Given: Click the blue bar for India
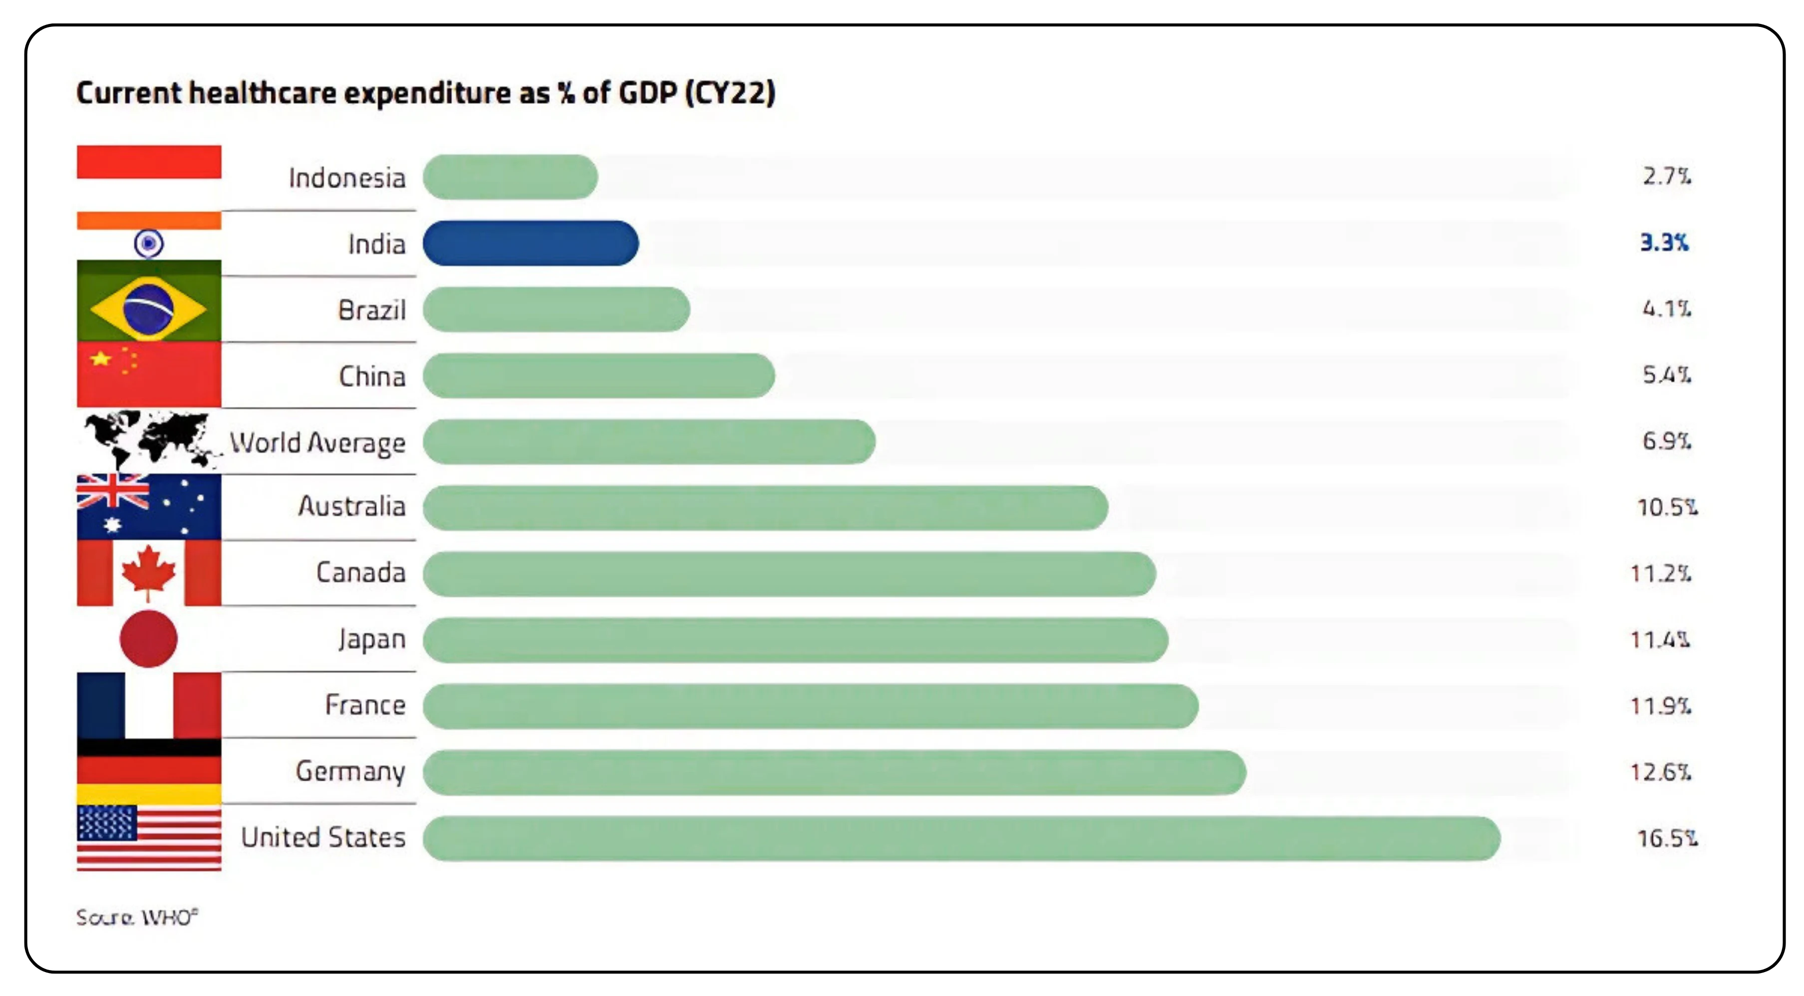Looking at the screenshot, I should (530, 243).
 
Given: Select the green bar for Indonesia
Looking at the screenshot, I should (510, 177).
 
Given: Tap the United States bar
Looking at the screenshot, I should (961, 838).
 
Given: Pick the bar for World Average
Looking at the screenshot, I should (648, 442).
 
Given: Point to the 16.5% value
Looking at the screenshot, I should (1666, 838).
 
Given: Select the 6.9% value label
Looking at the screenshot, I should (1666, 441).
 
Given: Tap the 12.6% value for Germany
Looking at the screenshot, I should (1660, 772).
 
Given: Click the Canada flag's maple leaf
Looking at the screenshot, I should (148, 572).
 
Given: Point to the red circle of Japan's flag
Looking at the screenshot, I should (148, 638).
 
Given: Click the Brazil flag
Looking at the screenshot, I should (148, 308).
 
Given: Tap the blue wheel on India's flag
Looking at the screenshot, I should (148, 244).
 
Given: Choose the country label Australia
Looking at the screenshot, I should (351, 506).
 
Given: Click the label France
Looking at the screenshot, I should (365, 704).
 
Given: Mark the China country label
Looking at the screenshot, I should (372, 376).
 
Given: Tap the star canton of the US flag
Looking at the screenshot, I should (106, 822).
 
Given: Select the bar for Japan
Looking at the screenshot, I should (795, 640).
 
